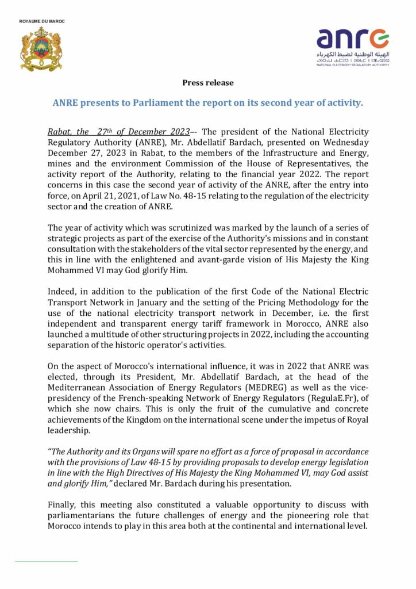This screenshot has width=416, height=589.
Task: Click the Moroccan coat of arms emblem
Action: tap(41, 49)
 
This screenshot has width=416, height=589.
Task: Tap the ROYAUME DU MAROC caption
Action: tap(42, 21)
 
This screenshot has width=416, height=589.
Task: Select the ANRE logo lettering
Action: tap(352, 39)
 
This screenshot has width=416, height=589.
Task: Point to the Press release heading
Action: tap(208, 83)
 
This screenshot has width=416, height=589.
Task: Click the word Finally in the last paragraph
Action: tap(63, 505)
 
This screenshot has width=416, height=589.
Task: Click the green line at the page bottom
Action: tap(46, 560)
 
